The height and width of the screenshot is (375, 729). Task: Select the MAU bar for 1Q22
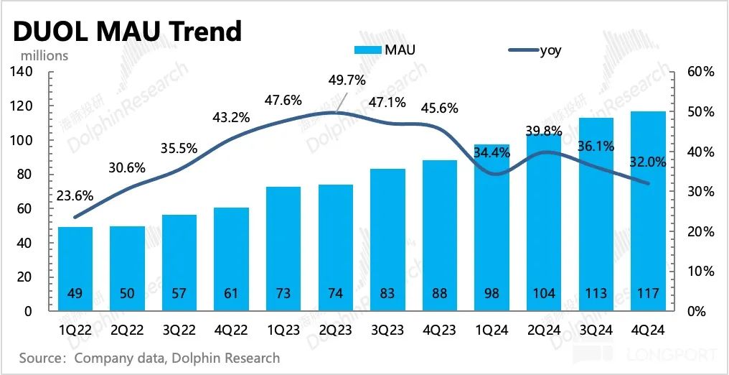pos(75,269)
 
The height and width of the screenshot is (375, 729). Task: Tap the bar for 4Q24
pos(647,211)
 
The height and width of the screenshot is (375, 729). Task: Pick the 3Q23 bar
pos(387,240)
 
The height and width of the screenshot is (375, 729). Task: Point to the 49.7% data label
pos(346,79)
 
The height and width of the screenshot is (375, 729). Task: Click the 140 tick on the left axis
pos(23,72)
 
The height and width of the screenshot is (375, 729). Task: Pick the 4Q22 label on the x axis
pos(231,331)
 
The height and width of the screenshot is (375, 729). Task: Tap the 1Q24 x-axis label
pos(492,331)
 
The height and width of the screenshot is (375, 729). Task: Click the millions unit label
pos(44,55)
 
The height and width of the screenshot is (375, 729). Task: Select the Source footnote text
pos(149,357)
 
